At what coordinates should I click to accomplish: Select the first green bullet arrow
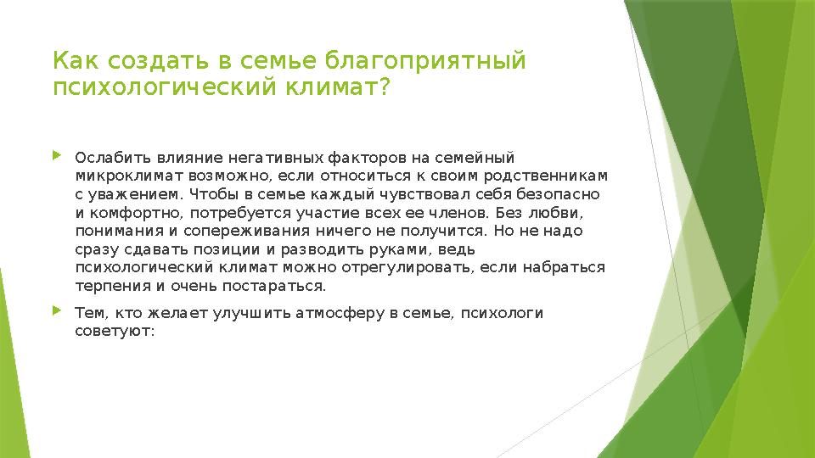tap(57, 156)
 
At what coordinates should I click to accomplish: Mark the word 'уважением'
tap(131, 193)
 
